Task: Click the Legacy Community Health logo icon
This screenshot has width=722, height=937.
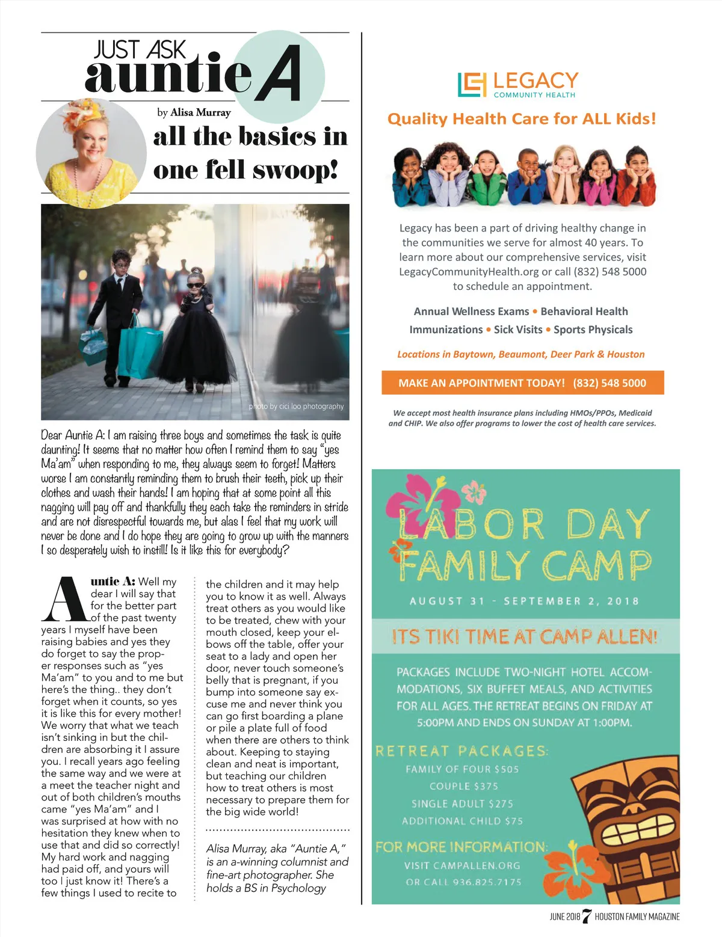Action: pyautogui.click(x=471, y=85)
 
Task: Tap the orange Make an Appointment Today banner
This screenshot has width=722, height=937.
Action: pyautogui.click(x=522, y=383)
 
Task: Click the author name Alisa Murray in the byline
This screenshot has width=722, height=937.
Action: pyautogui.click(x=200, y=112)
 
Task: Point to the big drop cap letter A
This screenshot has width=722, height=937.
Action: pyautogui.click(x=64, y=600)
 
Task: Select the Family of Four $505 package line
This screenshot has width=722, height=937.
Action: pyautogui.click(x=461, y=769)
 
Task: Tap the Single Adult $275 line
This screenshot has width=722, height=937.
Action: pyautogui.click(x=462, y=804)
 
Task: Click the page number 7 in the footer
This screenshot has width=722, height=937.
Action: pyautogui.click(x=587, y=917)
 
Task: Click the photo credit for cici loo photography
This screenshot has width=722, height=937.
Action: pyautogui.click(x=296, y=407)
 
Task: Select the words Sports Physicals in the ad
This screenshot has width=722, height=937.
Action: pyautogui.click(x=593, y=330)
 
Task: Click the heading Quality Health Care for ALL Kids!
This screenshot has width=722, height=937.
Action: pyautogui.click(x=521, y=118)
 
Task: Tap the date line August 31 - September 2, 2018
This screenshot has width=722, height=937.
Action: pyautogui.click(x=524, y=601)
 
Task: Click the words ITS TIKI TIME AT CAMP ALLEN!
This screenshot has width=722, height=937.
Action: pyautogui.click(x=524, y=636)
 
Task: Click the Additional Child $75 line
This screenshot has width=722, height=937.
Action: pyautogui.click(x=462, y=821)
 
